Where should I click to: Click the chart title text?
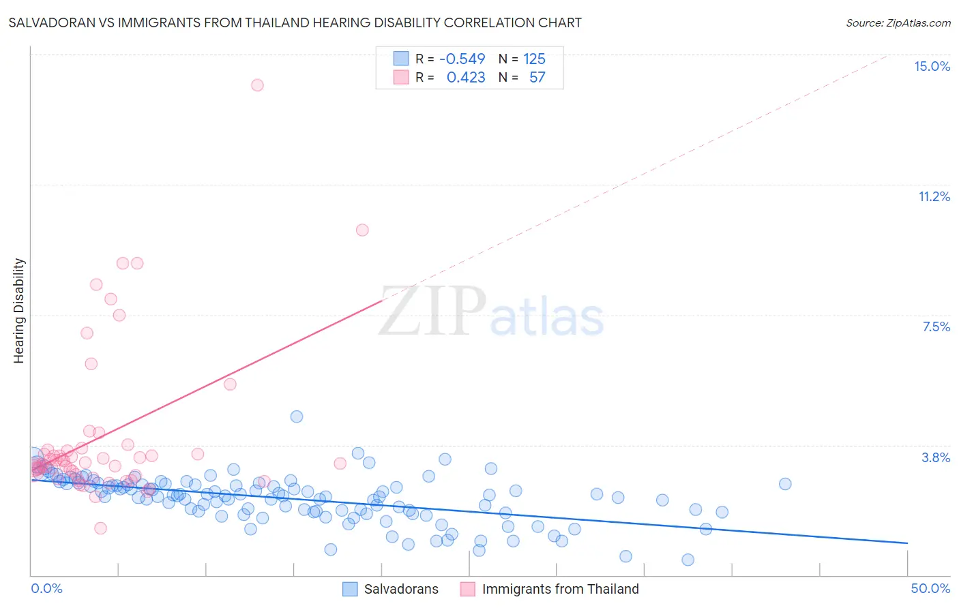pyautogui.click(x=295, y=22)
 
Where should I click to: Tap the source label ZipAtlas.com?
pyautogui.click(x=898, y=22)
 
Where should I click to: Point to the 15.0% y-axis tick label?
pyautogui.click(x=932, y=66)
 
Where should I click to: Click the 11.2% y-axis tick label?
pyautogui.click(x=934, y=196)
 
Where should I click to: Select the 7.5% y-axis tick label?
pyautogui.click(x=936, y=326)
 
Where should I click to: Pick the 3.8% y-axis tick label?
pyautogui.click(x=936, y=457)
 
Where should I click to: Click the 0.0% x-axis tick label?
pyautogui.click(x=46, y=588)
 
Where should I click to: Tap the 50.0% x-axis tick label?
pyautogui.click(x=930, y=588)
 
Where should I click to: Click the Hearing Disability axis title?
pyautogui.click(x=19, y=310)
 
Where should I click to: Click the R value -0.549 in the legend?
pyautogui.click(x=462, y=59)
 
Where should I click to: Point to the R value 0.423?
pyautogui.click(x=466, y=77)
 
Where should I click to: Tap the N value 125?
pyautogui.click(x=534, y=59)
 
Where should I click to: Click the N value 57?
pyautogui.click(x=537, y=77)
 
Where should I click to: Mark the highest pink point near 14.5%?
pyautogui.click(x=257, y=85)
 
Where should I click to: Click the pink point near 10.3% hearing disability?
pyautogui.click(x=362, y=230)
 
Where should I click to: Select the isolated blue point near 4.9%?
pyautogui.click(x=297, y=416)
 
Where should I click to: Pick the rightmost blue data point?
pyautogui.click(x=785, y=484)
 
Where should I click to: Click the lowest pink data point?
pyautogui.click(x=100, y=528)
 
